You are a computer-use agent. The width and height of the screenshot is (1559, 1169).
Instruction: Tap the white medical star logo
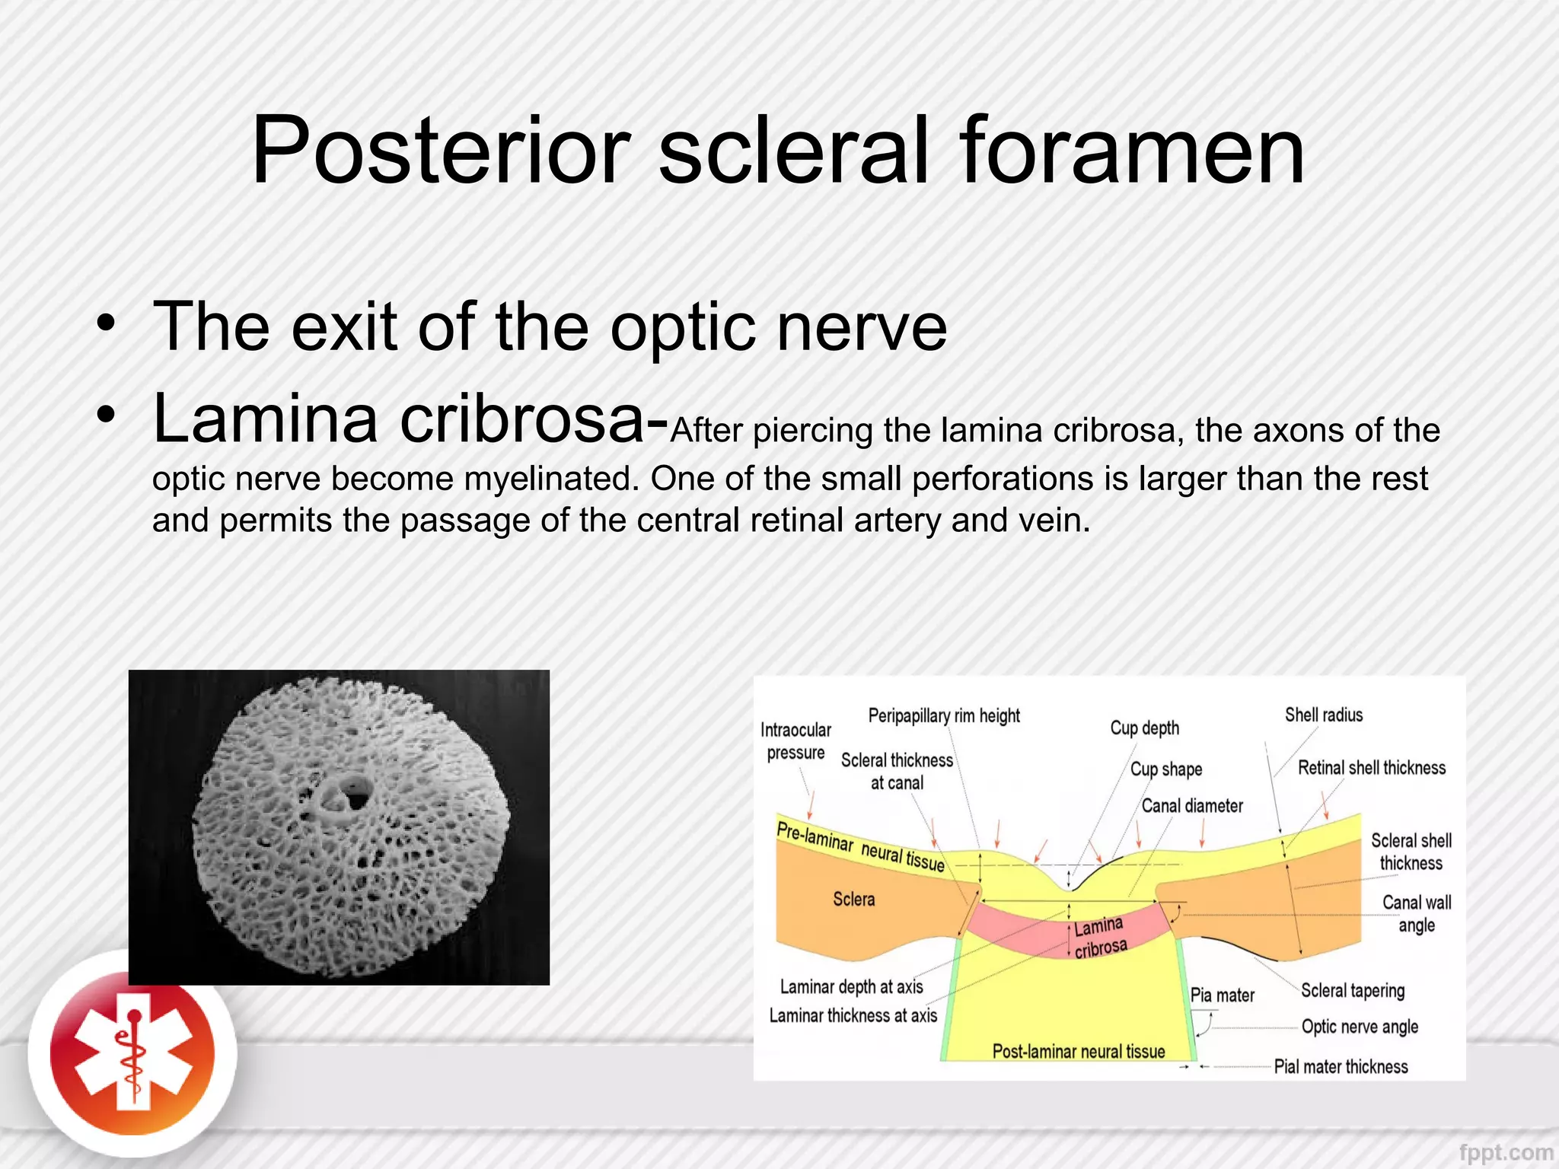pos(132,1053)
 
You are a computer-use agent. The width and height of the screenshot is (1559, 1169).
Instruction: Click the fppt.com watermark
pos(1506,1152)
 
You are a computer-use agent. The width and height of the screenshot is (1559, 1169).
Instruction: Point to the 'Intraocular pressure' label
pos(795,741)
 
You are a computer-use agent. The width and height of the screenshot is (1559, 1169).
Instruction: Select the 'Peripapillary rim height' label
pos(944,715)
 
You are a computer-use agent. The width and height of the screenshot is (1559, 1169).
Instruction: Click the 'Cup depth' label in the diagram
pos(1144,728)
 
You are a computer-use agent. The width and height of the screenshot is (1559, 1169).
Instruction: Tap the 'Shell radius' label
pos(1324,715)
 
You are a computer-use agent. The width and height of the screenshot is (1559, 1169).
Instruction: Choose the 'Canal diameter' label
pos(1192,805)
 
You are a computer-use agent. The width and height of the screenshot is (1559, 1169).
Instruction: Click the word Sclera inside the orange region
pos(853,899)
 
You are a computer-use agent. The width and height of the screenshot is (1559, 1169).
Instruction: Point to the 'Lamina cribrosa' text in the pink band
pos(1099,937)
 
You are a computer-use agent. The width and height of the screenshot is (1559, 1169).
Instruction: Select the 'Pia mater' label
pos(1222,995)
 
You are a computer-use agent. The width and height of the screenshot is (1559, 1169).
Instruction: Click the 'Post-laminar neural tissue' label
pos(1078,1051)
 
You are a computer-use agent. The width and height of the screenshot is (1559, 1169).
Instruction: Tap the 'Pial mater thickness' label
pos(1341,1066)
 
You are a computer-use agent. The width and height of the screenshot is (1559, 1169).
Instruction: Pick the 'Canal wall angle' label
pos(1416,913)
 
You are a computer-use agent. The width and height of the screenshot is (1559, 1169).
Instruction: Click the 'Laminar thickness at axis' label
pos(853,1015)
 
